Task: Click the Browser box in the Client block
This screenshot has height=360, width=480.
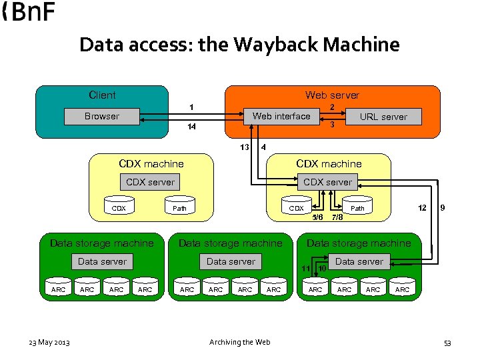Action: pos(102,117)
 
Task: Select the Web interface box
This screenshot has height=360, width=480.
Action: pos(281,116)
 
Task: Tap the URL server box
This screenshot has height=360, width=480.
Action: pos(383,117)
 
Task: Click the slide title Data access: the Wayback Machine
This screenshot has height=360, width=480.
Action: pos(239,45)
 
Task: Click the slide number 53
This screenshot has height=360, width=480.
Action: pos(447,343)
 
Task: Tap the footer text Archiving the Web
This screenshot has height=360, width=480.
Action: pos(240,342)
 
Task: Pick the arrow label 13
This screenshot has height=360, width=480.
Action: pos(245,147)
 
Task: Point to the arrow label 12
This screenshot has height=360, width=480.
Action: pos(422,208)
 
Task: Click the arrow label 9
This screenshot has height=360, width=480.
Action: pos(443,208)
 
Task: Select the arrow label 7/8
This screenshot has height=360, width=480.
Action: pos(337,217)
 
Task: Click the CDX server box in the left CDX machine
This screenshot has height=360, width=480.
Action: pos(151,182)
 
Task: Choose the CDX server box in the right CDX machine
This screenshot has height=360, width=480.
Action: pos(327,182)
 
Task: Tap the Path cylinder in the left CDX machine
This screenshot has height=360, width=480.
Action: pos(180,207)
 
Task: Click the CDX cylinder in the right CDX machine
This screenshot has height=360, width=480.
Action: pos(296,207)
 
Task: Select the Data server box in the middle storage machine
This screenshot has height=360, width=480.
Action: pos(231,261)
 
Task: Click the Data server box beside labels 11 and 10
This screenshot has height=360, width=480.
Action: pos(359,261)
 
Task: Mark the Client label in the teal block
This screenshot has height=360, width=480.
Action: pos(102,95)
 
